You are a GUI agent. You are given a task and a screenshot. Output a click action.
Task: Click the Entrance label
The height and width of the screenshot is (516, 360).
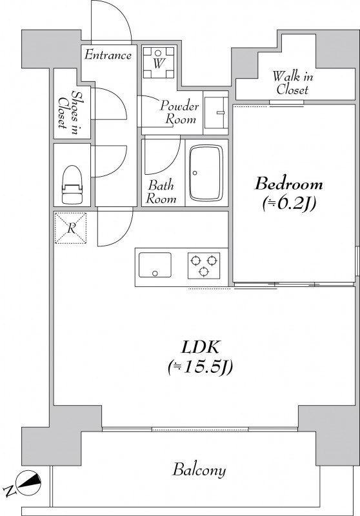coord(108,55)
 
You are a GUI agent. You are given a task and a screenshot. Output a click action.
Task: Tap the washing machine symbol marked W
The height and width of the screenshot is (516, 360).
coord(158,63)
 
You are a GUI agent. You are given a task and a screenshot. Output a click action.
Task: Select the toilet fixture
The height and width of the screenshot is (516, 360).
coord(72,184)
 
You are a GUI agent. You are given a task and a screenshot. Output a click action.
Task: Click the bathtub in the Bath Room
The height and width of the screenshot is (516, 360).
coord(206,173)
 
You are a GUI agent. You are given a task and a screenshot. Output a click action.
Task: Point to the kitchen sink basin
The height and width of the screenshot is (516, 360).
coord(155,265)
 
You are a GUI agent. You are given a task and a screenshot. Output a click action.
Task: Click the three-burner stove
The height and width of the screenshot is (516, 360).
coord(204,266)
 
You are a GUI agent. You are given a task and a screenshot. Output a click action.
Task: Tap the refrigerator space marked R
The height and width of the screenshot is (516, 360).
coord(70,228)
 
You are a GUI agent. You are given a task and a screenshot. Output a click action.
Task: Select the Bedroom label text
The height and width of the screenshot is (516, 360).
coord(288,184)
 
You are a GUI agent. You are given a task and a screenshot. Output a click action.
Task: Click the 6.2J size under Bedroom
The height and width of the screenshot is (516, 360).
coord(289,204)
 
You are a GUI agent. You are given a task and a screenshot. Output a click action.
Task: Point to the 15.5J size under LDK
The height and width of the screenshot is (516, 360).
coord(200,367)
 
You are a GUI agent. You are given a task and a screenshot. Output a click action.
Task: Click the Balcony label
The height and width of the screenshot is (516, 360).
coord(199,470)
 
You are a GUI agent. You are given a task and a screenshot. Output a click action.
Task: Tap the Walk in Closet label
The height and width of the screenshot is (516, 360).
coord(292,83)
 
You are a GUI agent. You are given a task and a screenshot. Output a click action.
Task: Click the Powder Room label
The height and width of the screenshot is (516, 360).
coord(179,112)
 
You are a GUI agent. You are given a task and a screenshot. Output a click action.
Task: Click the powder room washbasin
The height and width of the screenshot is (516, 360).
coord(215,112)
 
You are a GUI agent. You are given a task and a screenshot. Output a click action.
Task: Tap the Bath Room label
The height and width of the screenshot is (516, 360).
coord(161,192)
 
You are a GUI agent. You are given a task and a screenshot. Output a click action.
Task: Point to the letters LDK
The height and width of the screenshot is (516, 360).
coord(201,347)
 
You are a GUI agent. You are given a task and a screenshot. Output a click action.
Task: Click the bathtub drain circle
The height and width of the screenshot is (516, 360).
coord(195,173)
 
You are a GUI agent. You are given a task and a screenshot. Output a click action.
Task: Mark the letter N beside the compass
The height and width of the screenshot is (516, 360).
coord(10,490)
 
